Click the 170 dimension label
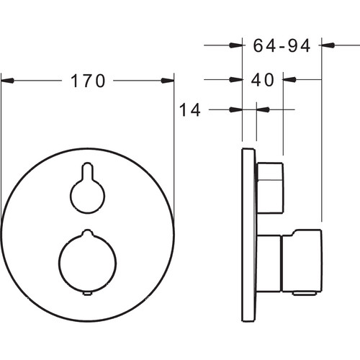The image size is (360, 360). click(x=88, y=81)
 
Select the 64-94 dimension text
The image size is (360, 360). click(x=282, y=45)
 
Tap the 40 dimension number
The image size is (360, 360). click(x=262, y=79)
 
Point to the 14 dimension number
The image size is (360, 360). click(x=189, y=110)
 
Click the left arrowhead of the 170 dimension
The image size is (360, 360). click(x=7, y=81)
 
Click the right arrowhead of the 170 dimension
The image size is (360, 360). click(x=168, y=81)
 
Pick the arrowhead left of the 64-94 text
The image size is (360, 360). click(x=235, y=45)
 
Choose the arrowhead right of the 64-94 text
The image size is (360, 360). click(x=328, y=45)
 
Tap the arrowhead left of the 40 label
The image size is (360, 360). click(x=235, y=79)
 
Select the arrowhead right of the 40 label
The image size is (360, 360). click(x=289, y=79)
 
